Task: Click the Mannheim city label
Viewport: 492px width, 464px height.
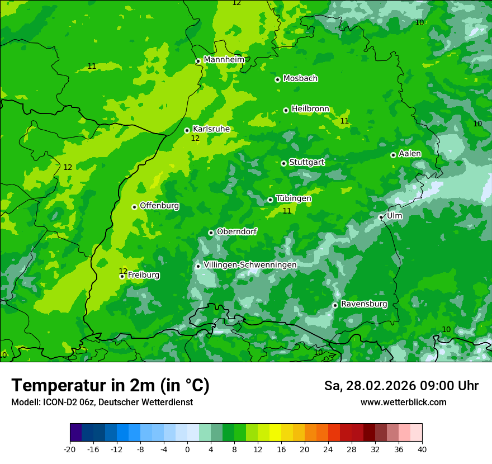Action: tap(224, 60)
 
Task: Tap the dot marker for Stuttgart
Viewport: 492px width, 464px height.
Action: tap(283, 163)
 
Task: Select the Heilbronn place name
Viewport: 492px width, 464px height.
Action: tap(310, 109)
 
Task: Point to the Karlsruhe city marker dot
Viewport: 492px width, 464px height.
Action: tap(187, 131)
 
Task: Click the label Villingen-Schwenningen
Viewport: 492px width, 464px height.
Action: tap(250, 265)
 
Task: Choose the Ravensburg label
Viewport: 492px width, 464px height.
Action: tap(363, 304)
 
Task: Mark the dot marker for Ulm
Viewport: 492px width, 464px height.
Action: tap(381, 217)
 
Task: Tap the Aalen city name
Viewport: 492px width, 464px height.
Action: tap(409, 154)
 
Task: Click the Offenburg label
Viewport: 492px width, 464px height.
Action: tap(159, 206)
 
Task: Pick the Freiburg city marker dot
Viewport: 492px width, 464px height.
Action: tap(122, 276)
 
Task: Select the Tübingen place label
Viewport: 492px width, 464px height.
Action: tap(293, 198)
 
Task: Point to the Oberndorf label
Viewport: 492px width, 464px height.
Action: tap(236, 231)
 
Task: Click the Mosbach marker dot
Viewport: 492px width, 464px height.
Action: tap(277, 79)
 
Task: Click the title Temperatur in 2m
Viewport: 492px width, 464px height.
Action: tap(110, 386)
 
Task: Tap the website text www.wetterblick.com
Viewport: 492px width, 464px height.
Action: tap(403, 403)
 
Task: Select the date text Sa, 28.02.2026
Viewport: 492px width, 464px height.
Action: tap(368, 386)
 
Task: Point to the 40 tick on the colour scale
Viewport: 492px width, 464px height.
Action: tap(422, 449)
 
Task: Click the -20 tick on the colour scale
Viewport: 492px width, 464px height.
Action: tap(70, 449)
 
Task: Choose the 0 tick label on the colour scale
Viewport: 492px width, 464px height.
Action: tap(187, 449)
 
